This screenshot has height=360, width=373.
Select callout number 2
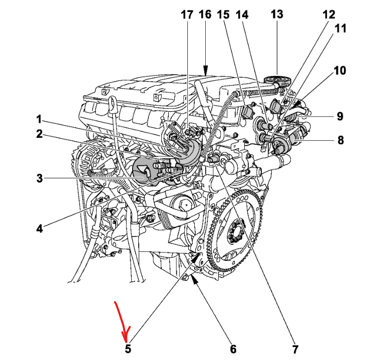pyautogui.click(x=38, y=134)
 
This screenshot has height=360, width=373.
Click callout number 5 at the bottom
pyautogui.click(x=128, y=348)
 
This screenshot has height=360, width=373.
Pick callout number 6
pyautogui.click(x=233, y=348)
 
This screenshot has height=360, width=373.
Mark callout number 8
pyautogui.click(x=340, y=140)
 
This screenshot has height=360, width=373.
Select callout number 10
pyautogui.click(x=339, y=71)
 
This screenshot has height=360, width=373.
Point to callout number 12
pyautogui.click(x=329, y=14)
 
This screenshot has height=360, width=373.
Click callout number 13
pyautogui.click(x=276, y=14)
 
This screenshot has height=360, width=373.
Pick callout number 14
pyautogui.click(x=242, y=14)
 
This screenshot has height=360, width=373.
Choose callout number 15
pyautogui.click(x=223, y=14)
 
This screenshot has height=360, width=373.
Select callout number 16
pyautogui.click(x=205, y=14)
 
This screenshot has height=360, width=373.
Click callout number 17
pyautogui.click(x=186, y=14)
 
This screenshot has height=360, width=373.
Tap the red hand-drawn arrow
pyautogui.click(x=123, y=320)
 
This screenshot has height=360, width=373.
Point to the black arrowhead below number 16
pyautogui.click(x=205, y=70)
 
